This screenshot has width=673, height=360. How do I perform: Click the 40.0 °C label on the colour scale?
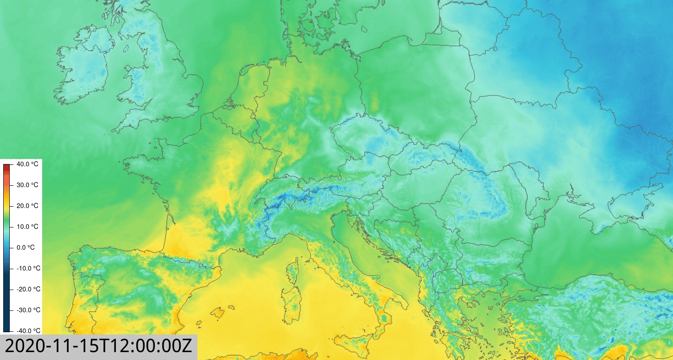[27, 164]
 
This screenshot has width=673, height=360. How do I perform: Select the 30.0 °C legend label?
[27, 185]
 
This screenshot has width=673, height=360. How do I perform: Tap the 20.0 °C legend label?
[27, 206]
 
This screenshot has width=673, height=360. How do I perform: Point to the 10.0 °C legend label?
[27, 227]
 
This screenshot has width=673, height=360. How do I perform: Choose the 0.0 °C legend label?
[26, 247]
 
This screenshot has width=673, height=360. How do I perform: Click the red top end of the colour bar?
[6, 165]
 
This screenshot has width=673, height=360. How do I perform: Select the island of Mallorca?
[218, 312]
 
